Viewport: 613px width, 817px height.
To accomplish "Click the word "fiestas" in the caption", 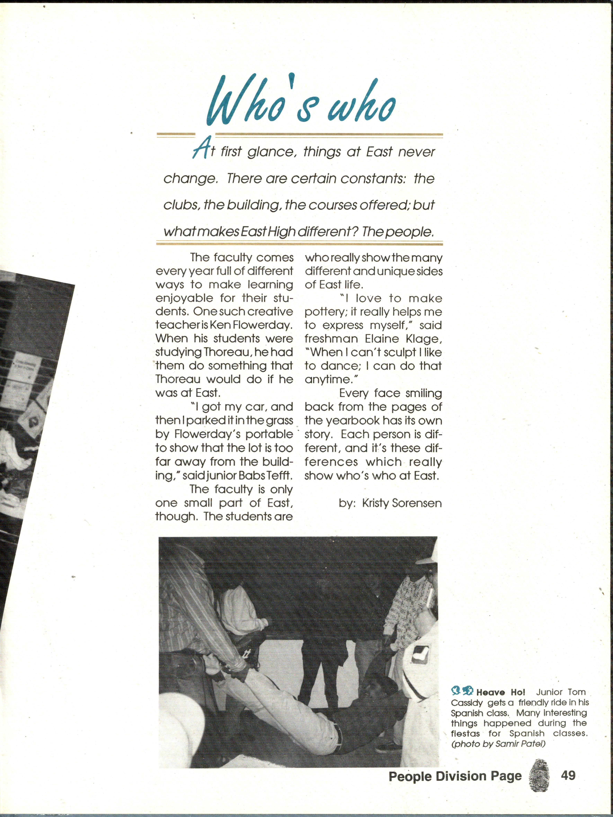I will click(465, 734).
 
